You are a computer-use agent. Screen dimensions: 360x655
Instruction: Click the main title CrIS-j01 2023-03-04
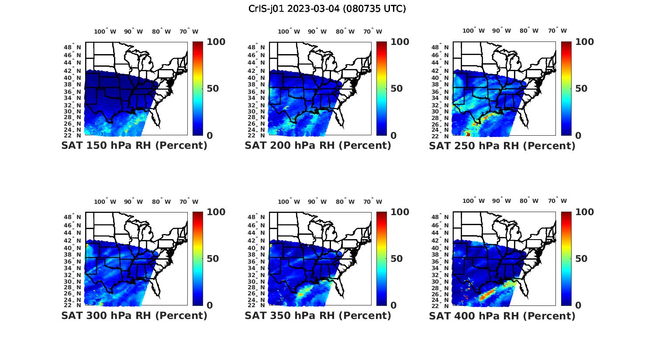327,9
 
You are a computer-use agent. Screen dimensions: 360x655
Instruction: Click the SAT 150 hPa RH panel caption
134,146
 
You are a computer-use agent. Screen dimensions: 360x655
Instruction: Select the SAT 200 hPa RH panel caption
318,146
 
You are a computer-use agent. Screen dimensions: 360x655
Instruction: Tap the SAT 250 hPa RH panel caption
502,146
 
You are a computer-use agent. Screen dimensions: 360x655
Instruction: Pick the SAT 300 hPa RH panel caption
134,315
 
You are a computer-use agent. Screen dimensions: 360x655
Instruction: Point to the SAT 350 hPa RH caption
318,315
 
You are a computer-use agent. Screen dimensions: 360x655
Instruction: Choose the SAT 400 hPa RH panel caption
502,315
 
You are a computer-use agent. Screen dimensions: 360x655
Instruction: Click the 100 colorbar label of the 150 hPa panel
216,42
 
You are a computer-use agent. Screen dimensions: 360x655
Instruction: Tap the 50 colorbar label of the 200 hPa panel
396,89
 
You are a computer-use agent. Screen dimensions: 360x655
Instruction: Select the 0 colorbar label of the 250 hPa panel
578,135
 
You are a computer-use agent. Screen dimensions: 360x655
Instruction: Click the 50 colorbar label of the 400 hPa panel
581,259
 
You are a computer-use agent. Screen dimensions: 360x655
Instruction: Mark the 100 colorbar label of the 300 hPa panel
216,212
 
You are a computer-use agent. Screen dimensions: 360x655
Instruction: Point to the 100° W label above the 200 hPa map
289,31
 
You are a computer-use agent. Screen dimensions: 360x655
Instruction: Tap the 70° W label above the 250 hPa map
557,31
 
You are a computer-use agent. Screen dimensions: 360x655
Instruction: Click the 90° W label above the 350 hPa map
317,202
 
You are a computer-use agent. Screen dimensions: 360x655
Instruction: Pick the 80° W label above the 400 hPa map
529,201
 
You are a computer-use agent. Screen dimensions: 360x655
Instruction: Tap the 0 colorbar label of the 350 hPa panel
393,305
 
